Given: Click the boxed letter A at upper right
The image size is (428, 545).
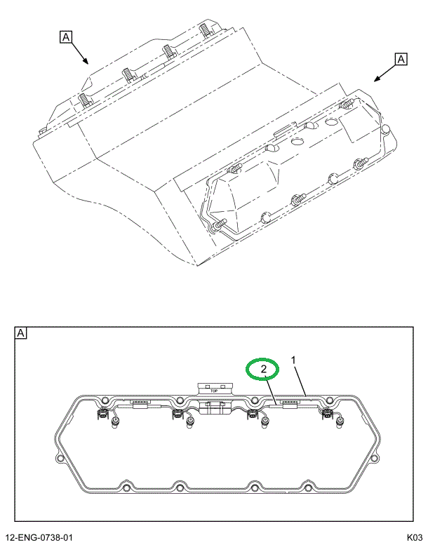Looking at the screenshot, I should [401, 60].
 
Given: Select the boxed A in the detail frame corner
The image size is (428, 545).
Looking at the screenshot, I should [20, 333].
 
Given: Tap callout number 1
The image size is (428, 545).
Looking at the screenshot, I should [294, 361].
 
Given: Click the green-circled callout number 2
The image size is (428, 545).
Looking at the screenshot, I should [262, 369].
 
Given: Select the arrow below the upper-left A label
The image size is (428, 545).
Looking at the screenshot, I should [79, 54].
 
